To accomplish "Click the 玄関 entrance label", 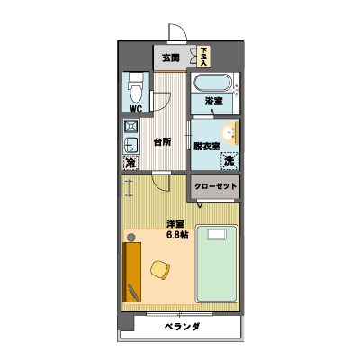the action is point(171,58).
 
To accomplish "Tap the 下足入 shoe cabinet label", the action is point(204,57).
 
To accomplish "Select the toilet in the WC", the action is point(136,88).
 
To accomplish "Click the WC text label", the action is point(136,109).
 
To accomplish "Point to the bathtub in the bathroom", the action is point(212,83).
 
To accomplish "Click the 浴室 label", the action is point(214,101).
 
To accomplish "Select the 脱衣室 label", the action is point(207,147).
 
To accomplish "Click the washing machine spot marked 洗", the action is point(229,161).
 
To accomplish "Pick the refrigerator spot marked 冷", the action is point(130,163).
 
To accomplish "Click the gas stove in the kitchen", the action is point(130,126).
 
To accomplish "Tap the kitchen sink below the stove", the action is point(130,145).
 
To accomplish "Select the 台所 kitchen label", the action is point(162,141).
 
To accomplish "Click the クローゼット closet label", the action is point(216,186).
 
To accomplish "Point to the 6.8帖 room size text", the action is point(177,235).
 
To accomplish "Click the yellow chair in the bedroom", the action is point(160,270).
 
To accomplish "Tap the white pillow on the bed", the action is point(217,235).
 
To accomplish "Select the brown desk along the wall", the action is point(131,272).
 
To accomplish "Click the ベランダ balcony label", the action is point(182,327).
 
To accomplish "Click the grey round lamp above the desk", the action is point(130,238).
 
